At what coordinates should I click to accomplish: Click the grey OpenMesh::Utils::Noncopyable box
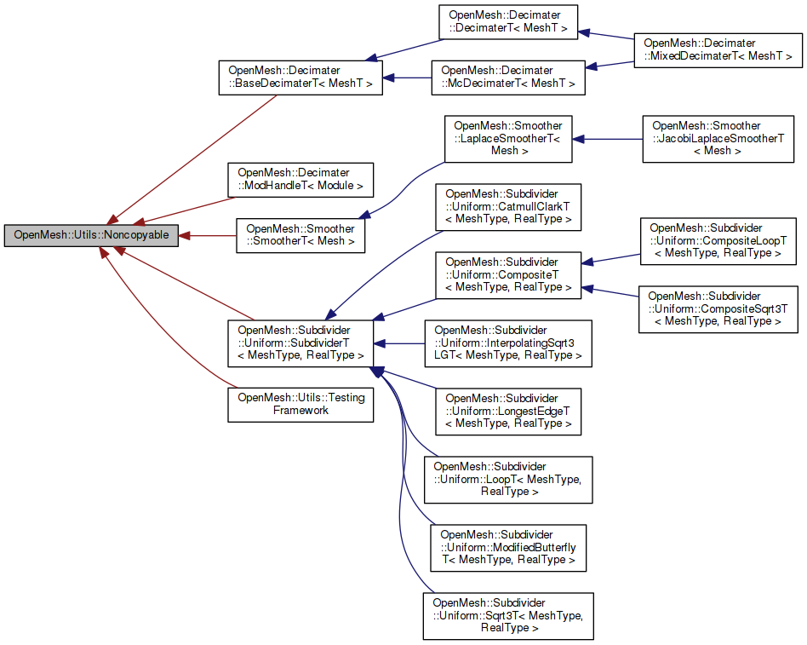pos(91,235)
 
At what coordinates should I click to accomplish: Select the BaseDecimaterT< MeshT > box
pos(300,77)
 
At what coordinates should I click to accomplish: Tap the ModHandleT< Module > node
pos(300,179)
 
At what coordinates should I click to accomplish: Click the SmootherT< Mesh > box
pos(300,236)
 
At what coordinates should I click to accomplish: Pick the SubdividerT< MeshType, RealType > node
pos(300,343)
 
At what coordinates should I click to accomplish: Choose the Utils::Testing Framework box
pos(300,404)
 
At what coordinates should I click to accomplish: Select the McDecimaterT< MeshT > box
pos(507,77)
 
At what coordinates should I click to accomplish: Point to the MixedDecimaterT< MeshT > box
pos(718,50)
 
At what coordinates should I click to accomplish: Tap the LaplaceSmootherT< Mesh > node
pos(507,138)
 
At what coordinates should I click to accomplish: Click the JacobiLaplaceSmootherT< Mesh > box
pos(718,138)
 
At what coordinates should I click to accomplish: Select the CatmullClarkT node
pos(507,206)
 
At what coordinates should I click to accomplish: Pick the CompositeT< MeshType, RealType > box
pos(507,274)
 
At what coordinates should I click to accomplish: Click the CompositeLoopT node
pos(718,240)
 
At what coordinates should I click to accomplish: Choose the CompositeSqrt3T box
pos(718,308)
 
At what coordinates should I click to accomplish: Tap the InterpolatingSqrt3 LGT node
pos(507,343)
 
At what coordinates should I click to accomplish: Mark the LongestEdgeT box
pos(507,411)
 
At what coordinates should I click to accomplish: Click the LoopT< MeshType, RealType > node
pos(507,479)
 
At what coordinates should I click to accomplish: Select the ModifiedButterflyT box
pos(507,547)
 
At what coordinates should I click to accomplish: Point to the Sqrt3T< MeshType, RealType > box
pos(507,615)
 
